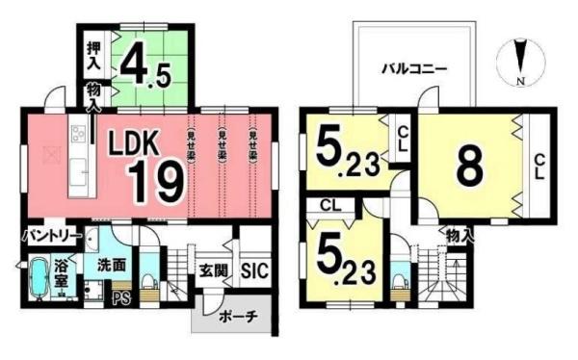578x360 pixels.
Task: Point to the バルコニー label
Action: [414, 69]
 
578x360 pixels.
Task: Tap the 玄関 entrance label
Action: [213, 271]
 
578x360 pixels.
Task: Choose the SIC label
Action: [253, 271]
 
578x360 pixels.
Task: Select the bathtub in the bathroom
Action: [38, 280]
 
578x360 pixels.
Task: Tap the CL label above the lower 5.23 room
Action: [330, 205]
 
